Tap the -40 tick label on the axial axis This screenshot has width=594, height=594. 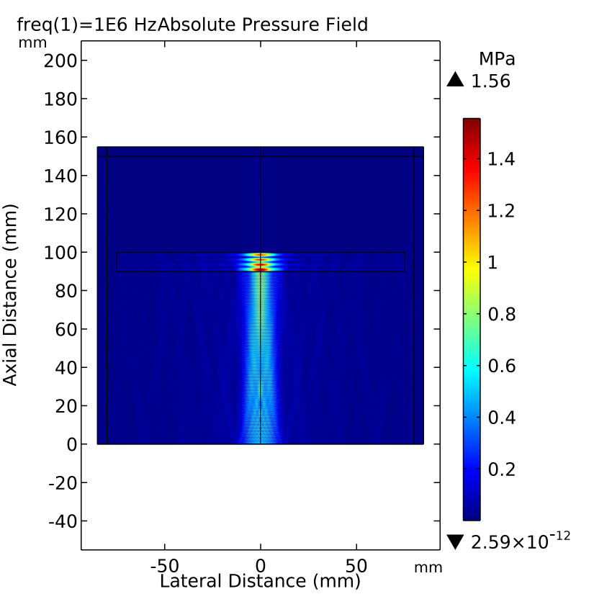coord(61,521)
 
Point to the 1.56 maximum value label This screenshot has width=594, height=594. coord(490,81)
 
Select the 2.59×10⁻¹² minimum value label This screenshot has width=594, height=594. coord(520,540)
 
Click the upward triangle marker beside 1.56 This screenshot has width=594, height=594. coord(454,81)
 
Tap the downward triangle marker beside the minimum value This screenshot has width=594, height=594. coord(454,541)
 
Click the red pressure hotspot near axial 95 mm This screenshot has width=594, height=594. coord(261,268)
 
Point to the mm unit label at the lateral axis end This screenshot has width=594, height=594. coord(428,567)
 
